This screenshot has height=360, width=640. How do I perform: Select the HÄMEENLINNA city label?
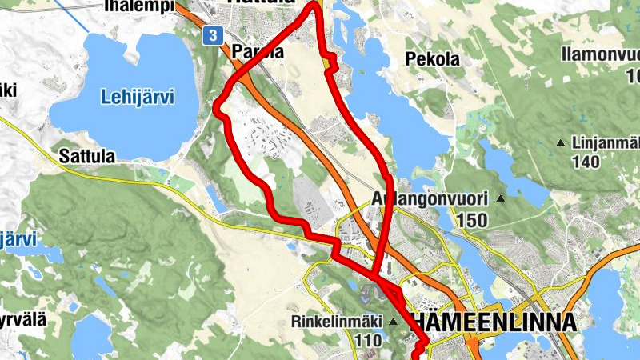click(492, 322)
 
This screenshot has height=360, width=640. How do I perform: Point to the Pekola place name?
click(433, 59)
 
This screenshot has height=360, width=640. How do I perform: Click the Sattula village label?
click(87, 155)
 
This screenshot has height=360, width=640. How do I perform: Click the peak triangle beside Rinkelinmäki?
click(394, 322)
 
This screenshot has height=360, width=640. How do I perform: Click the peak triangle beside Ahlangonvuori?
click(502, 198)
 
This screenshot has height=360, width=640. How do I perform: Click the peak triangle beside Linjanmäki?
click(561, 143)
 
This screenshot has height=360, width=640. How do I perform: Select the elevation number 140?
click(586, 162)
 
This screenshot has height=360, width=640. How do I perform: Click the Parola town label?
click(258, 52)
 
